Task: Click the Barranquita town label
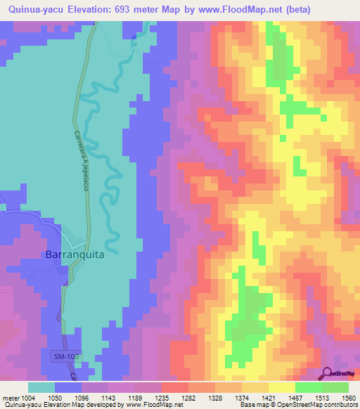click(75, 254)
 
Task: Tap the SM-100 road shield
click(65, 358)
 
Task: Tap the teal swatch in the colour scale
click(41, 387)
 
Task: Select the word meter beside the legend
click(11, 398)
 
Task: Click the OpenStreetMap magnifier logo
click(328, 374)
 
